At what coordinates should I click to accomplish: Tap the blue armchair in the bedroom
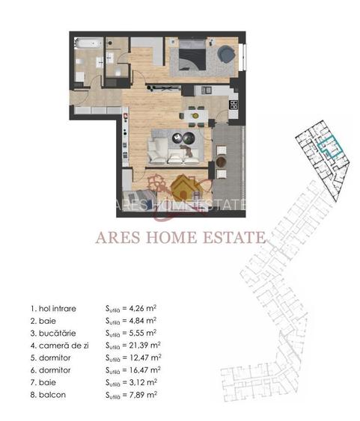click(x=225, y=53)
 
